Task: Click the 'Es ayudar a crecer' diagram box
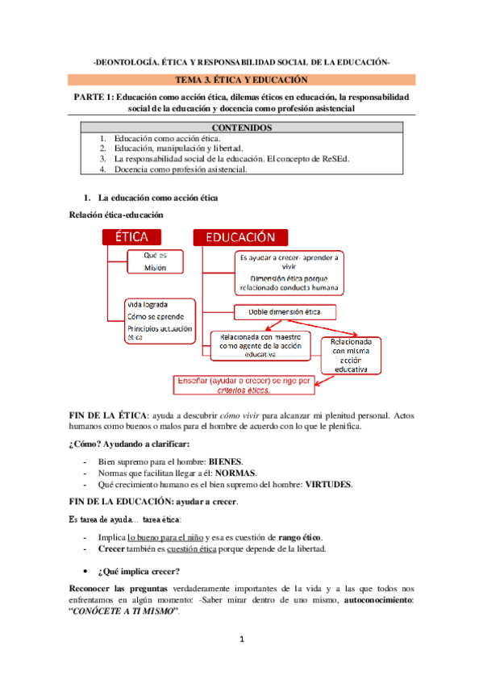[288, 271]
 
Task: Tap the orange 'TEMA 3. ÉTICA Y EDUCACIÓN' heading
[241, 80]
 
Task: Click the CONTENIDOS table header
[241, 128]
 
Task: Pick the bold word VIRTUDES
[328, 485]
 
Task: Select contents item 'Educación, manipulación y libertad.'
[177, 149]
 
